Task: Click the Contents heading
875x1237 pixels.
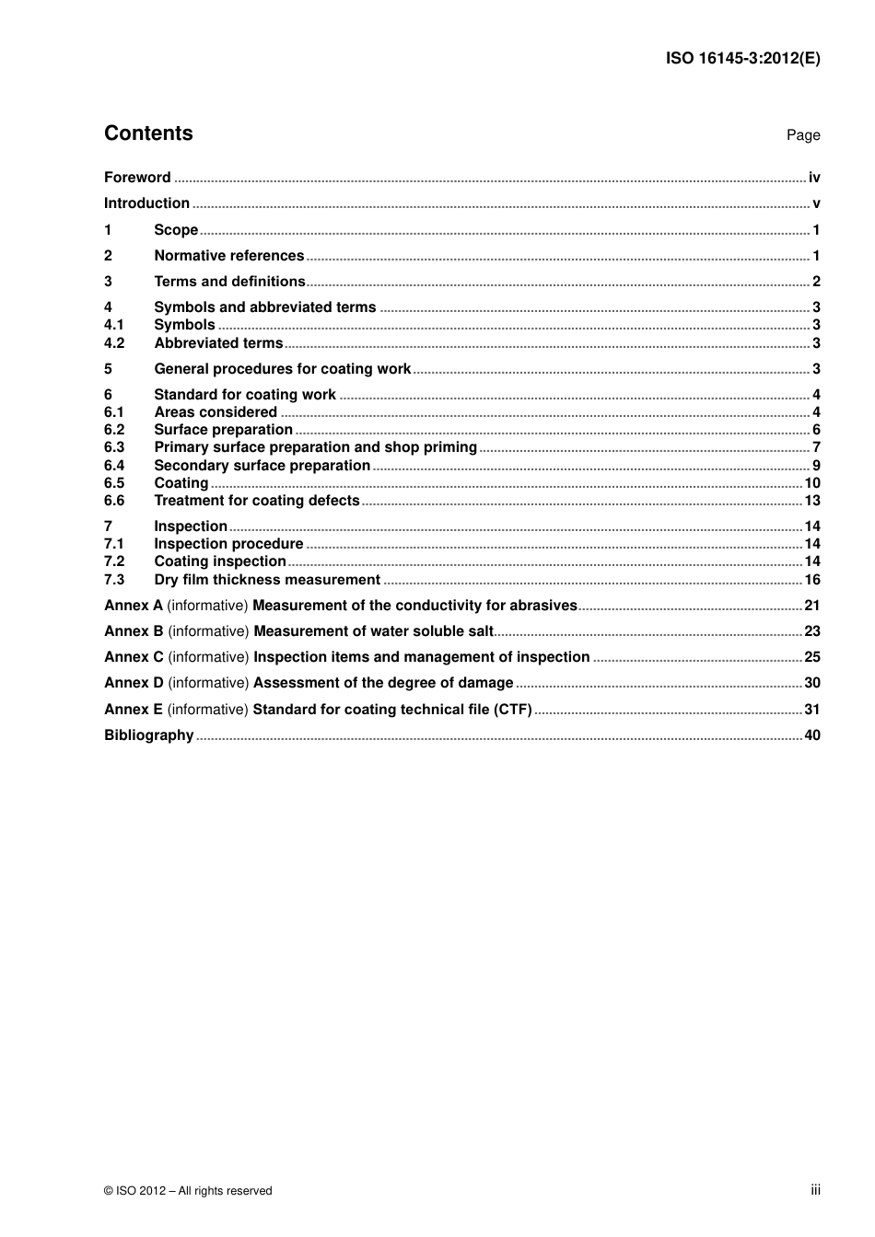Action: pyautogui.click(x=148, y=133)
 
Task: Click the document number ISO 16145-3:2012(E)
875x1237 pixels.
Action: pyautogui.click(x=742, y=58)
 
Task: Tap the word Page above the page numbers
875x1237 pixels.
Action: pyautogui.click(x=803, y=135)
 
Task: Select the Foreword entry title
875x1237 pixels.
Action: pyautogui.click(x=137, y=178)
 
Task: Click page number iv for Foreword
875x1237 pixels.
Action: pyautogui.click(x=814, y=178)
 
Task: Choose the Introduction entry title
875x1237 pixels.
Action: pyautogui.click(x=146, y=203)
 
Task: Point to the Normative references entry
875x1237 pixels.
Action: pyautogui.click(x=228, y=256)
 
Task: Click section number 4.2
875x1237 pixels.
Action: pyautogui.click(x=114, y=343)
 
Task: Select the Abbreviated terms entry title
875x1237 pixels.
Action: pyautogui.click(x=218, y=343)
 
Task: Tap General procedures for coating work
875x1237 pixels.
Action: pyautogui.click(x=282, y=369)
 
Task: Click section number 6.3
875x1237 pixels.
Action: pyautogui.click(x=114, y=447)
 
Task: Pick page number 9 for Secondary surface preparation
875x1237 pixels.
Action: pyautogui.click(x=816, y=466)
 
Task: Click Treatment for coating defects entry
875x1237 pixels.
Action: pyautogui.click(x=256, y=501)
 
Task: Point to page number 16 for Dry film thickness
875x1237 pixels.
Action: pyautogui.click(x=812, y=580)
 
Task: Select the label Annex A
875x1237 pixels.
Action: pyautogui.click(x=133, y=606)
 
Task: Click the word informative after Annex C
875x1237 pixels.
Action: pyautogui.click(x=208, y=657)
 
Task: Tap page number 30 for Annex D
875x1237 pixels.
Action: pyautogui.click(x=812, y=683)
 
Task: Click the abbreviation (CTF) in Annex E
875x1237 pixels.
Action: pyautogui.click(x=513, y=710)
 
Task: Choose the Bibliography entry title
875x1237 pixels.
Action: pyautogui.click(x=148, y=735)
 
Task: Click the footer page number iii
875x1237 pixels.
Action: pyautogui.click(x=815, y=1190)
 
